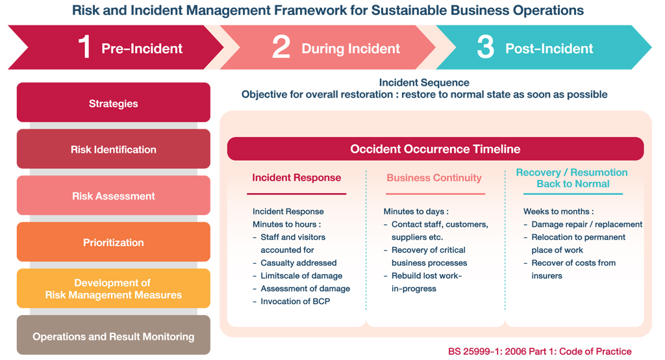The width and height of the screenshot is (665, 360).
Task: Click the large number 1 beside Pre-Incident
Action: [x=85, y=47]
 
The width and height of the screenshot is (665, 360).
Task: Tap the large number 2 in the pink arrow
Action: [x=281, y=47]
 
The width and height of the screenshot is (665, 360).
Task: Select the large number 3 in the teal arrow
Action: [x=486, y=47]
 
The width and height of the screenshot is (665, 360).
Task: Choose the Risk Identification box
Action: [x=113, y=149]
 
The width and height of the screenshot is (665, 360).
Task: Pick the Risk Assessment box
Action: [x=113, y=196]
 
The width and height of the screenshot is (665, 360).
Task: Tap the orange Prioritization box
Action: [x=113, y=242]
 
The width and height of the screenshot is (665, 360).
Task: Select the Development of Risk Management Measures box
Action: [x=113, y=289]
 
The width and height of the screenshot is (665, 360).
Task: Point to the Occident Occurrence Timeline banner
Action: [x=435, y=149]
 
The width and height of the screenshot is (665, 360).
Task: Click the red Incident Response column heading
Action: [x=296, y=177]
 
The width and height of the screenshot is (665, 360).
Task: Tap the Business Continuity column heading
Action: [x=434, y=177]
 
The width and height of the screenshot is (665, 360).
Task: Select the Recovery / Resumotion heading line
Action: [x=571, y=172]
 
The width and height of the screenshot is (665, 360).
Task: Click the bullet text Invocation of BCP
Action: [x=295, y=302]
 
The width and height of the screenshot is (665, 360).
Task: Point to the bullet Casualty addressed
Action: [x=299, y=263]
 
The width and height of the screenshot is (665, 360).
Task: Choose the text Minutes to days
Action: [x=416, y=211]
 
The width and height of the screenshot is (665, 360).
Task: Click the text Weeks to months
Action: [x=558, y=211]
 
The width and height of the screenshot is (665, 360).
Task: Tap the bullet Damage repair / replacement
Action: [x=587, y=224]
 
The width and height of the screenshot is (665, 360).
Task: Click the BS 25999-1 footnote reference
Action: [x=540, y=352]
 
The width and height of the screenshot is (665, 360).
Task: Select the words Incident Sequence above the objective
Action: [x=424, y=83]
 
